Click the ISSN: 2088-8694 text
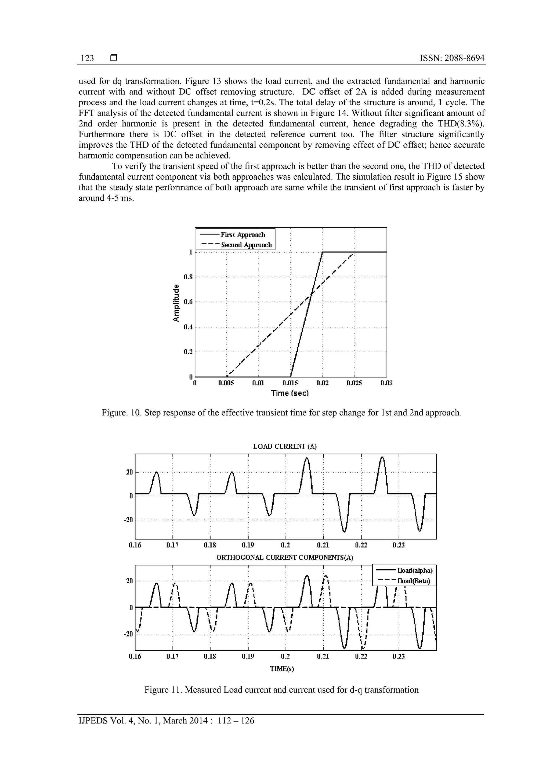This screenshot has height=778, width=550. coord(452,58)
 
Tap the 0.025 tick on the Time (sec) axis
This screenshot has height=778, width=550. coord(354,383)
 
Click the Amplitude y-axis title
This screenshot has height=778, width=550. coord(176,303)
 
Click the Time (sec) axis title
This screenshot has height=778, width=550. coord(290,393)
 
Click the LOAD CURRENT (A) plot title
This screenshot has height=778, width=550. coord(285,446)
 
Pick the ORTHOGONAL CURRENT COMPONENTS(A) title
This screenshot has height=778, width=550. coord(285,558)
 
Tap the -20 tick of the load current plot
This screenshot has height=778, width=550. coord(128,520)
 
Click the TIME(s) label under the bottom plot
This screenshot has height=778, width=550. coord(282,668)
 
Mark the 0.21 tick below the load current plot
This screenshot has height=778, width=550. coord(323,545)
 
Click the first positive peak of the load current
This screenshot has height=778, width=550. coord(157,472)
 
